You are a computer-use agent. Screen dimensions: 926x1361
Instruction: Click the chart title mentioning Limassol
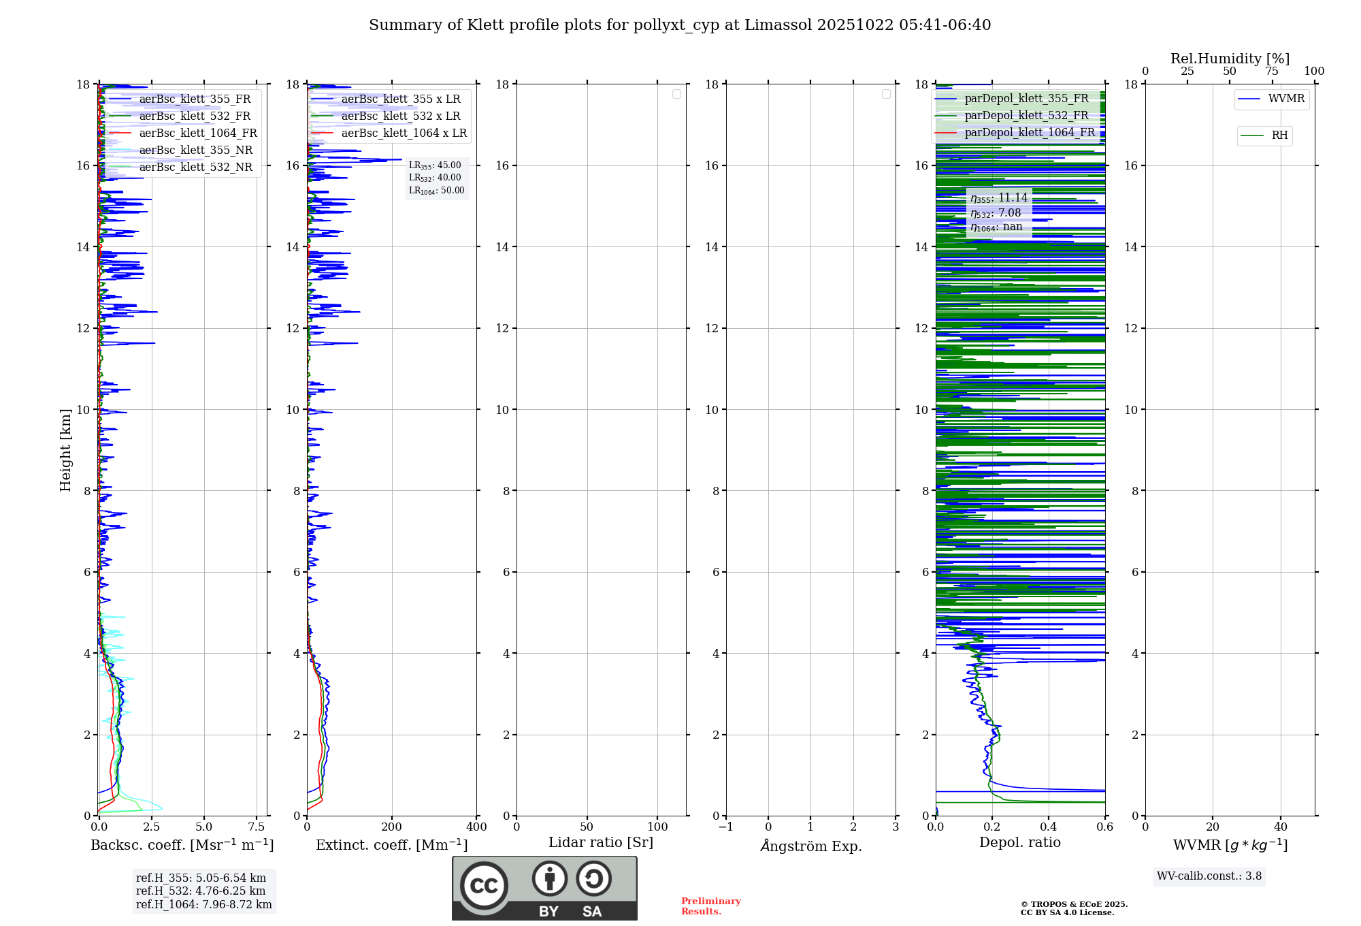tap(680, 25)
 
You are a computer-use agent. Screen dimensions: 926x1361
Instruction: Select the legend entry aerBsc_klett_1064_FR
tap(197, 133)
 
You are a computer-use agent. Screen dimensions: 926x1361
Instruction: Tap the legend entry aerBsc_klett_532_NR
tap(195, 167)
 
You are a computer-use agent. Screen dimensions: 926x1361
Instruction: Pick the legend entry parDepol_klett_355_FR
tap(1026, 99)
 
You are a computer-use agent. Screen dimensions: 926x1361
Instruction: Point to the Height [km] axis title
tap(65, 450)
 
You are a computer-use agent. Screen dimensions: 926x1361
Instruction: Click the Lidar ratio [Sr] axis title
tap(601, 843)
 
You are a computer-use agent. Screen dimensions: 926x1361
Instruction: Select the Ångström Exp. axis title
tap(811, 846)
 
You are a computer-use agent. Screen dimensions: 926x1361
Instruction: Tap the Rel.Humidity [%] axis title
tap(1230, 59)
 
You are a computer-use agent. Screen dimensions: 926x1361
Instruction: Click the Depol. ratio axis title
tap(1019, 843)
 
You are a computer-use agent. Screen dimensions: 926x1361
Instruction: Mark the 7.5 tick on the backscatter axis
tap(257, 827)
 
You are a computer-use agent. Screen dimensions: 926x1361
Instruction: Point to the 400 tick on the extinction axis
tap(476, 827)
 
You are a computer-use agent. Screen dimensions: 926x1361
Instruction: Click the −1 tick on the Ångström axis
tap(725, 827)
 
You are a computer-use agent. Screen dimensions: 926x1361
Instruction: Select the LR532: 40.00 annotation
tap(435, 178)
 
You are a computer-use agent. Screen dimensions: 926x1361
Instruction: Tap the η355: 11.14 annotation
tap(999, 198)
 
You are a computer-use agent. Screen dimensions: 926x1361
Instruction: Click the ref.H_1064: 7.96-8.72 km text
tap(203, 905)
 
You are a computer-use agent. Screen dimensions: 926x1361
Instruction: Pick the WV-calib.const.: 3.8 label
tap(1209, 876)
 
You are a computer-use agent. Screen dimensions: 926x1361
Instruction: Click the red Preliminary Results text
tap(710, 906)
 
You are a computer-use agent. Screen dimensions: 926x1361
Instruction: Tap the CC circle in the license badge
tap(484, 886)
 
